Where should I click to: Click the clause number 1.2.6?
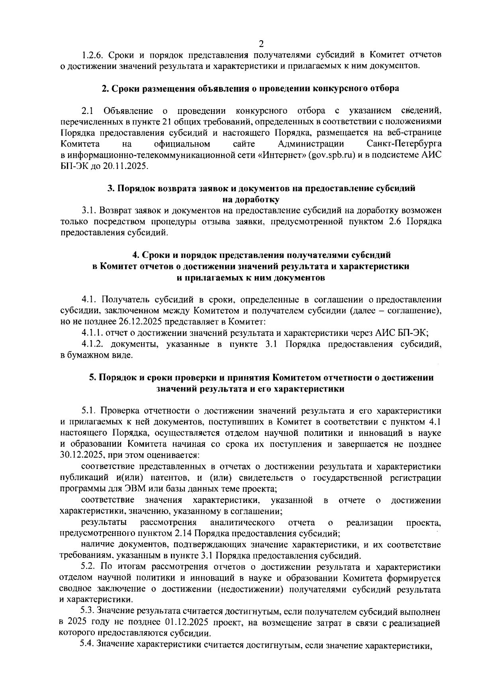[x=92, y=55]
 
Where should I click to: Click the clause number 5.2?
[x=88, y=567]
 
